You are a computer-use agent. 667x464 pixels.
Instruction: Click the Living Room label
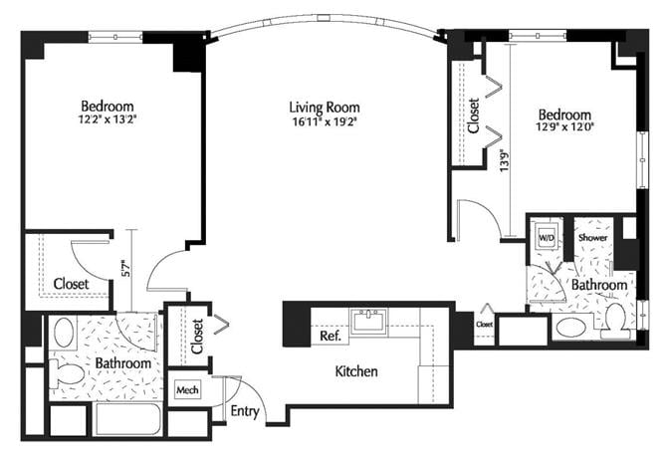[x=324, y=108]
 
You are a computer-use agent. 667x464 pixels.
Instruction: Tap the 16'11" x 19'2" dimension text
[x=324, y=122]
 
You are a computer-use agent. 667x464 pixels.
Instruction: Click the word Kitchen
[x=355, y=371]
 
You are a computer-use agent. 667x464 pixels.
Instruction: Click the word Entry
[x=246, y=411]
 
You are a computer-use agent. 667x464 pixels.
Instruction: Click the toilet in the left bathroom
[x=70, y=373]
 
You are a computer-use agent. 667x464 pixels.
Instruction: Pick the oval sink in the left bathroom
[x=64, y=332]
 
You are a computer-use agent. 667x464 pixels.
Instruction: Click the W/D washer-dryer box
[x=547, y=239]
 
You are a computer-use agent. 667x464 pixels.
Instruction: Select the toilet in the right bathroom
[x=613, y=321]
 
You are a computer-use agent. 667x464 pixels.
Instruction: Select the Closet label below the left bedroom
[x=71, y=284]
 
